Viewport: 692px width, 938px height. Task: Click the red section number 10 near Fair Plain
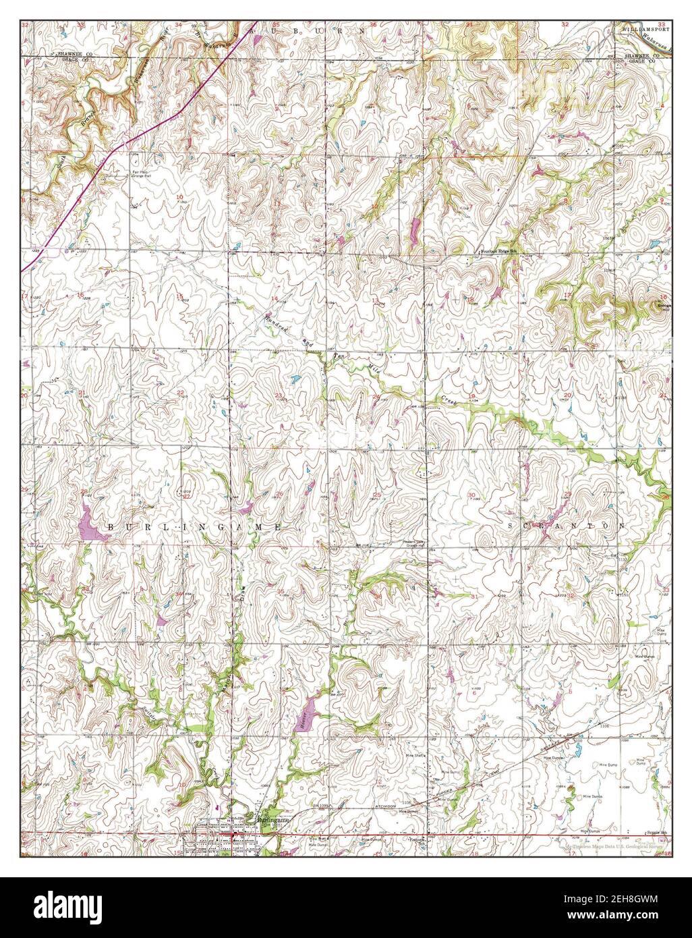click(x=179, y=197)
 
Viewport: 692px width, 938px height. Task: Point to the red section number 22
click(x=180, y=392)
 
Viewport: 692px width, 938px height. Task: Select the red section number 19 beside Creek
click(x=471, y=395)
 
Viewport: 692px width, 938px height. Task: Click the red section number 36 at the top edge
click(x=372, y=25)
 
